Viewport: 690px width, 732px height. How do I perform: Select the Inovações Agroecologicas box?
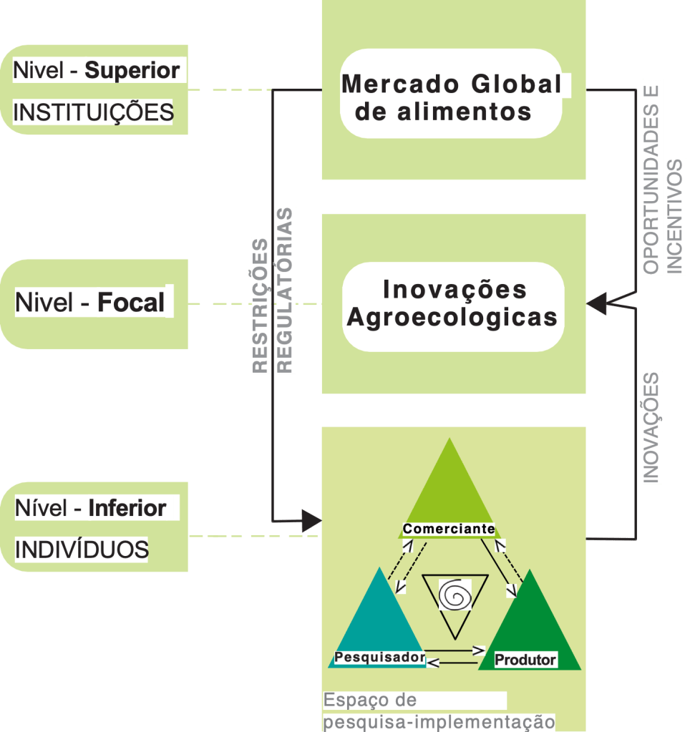point(452,304)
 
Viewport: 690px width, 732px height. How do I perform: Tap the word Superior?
point(132,71)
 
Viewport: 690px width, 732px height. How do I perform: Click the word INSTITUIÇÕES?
point(93,112)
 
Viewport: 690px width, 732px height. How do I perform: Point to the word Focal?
point(130,303)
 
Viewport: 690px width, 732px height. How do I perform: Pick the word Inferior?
point(127,509)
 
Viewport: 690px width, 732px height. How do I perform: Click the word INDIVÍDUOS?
point(82,550)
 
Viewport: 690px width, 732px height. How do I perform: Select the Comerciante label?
point(449,529)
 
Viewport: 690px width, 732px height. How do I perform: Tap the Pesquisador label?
point(380,656)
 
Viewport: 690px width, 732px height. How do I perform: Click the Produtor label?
point(525,659)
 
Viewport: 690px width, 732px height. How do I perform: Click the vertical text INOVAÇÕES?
point(651,427)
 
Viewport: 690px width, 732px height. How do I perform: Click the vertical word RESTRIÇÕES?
point(261,306)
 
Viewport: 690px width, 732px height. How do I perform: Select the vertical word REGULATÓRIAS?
point(285,290)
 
